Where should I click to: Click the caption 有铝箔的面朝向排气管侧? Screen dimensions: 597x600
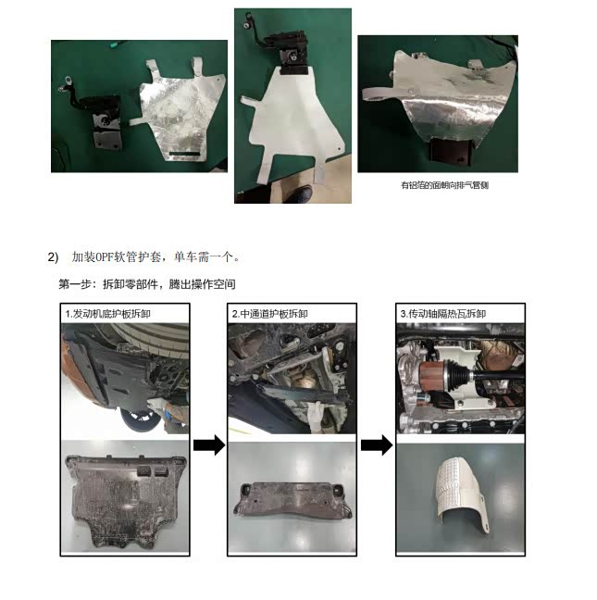click(445, 185)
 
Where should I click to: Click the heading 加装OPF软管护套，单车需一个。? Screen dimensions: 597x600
click(155, 256)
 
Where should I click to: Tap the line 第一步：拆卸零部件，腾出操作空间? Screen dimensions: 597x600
click(147, 284)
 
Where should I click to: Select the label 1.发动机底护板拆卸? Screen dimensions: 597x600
click(107, 314)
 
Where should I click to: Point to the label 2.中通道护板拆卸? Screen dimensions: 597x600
click(270, 314)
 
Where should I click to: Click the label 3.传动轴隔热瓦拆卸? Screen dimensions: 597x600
click(442, 314)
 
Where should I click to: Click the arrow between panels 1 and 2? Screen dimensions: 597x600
click(209, 445)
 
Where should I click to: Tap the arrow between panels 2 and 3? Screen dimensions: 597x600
click(377, 445)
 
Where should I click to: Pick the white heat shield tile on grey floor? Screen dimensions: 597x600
click(462, 494)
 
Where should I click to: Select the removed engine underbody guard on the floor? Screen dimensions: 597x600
click(125, 500)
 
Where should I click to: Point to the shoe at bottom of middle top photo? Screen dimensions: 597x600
click(300, 194)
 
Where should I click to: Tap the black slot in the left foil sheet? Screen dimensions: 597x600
click(184, 154)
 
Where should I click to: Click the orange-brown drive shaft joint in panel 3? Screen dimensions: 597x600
click(431, 377)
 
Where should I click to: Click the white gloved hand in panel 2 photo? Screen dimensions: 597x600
click(316, 415)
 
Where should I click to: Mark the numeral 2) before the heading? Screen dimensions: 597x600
click(53, 257)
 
